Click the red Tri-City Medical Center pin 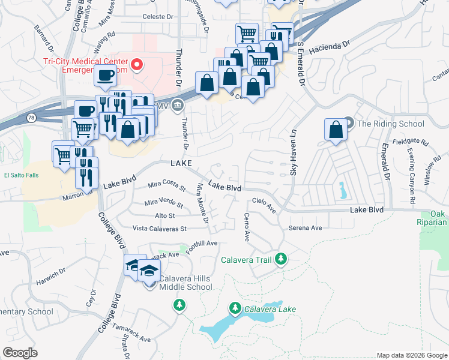(137, 64)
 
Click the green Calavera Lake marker (235, 309)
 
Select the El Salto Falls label (23, 176)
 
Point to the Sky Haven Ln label (294, 152)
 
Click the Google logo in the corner (21, 352)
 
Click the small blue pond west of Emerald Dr (342, 190)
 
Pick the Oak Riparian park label (438, 218)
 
